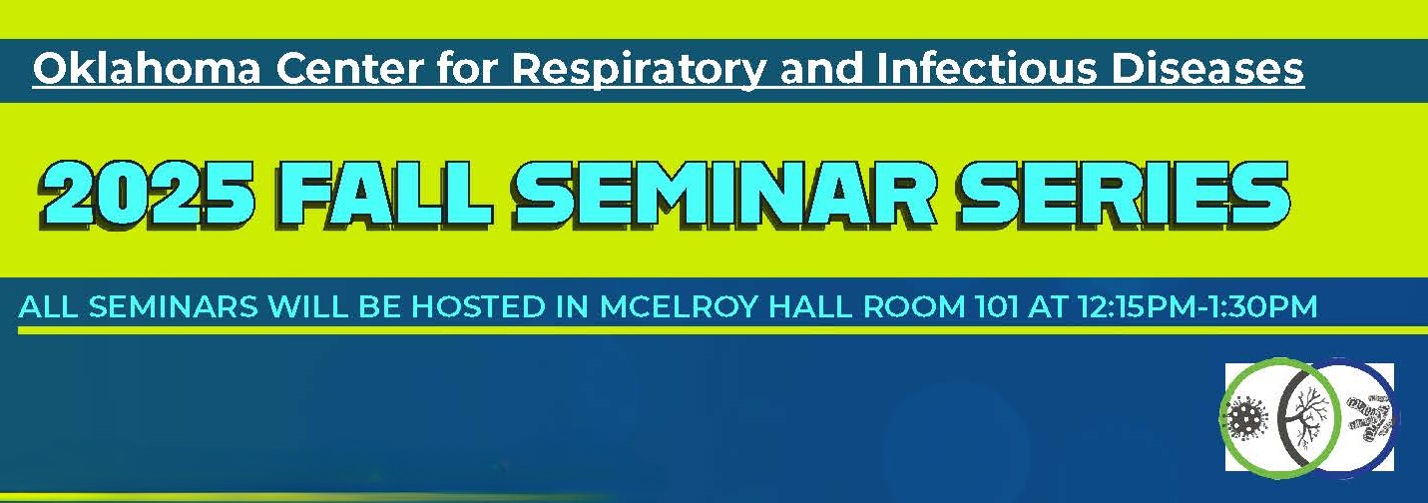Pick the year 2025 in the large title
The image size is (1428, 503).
coord(147,197)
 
